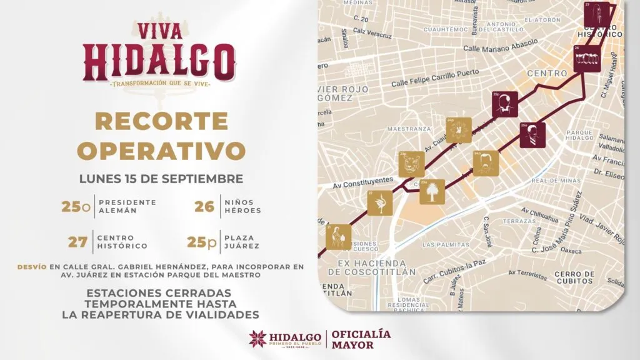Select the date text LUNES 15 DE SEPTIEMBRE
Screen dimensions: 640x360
tap(161, 178)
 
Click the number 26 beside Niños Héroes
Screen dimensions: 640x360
tap(204, 206)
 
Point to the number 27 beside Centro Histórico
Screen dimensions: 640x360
tap(77, 241)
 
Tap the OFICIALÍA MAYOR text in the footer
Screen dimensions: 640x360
tap(362, 339)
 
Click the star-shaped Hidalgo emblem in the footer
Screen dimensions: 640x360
tap(257, 339)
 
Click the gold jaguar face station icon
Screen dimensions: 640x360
tap(412, 164)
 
